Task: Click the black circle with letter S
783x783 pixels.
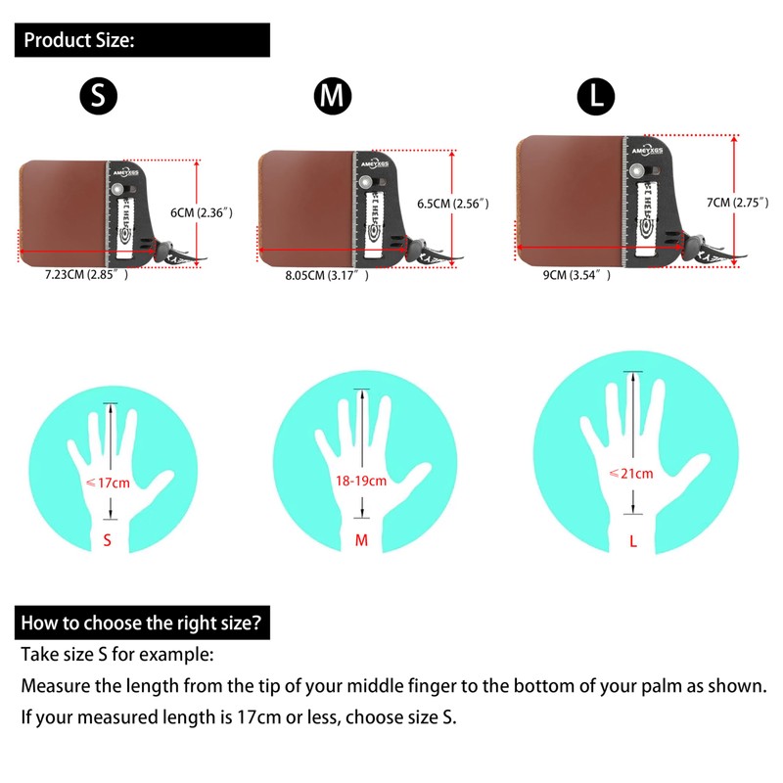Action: (x=98, y=95)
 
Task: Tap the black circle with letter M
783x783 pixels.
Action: (x=333, y=95)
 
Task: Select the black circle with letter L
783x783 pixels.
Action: (x=596, y=95)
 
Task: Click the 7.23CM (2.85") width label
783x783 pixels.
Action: (x=87, y=277)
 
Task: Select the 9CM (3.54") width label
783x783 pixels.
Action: (x=577, y=276)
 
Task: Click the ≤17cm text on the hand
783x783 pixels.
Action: (x=109, y=483)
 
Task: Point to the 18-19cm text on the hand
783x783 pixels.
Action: (x=360, y=481)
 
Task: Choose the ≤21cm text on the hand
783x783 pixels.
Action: (x=630, y=473)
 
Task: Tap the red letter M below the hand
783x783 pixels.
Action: (x=361, y=540)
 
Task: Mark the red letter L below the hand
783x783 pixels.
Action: (x=633, y=540)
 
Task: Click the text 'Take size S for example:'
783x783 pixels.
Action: (x=116, y=654)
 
